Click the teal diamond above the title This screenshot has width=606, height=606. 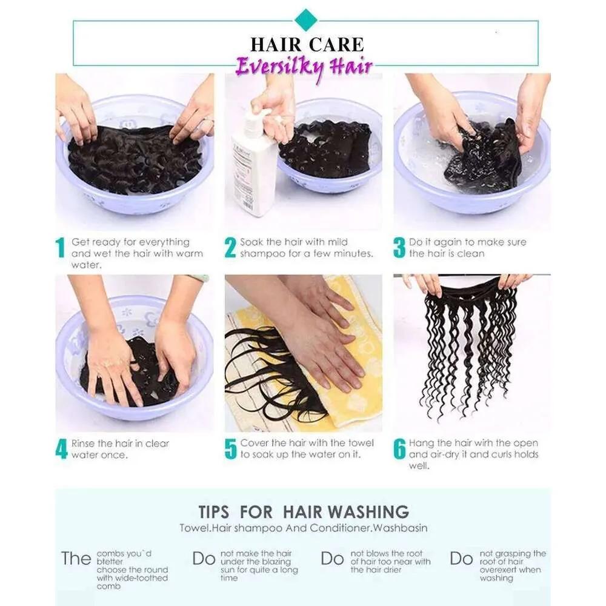(306, 20)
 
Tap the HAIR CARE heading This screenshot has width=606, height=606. (307, 44)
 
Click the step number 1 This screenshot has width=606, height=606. (60, 247)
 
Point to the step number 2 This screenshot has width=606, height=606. (230, 247)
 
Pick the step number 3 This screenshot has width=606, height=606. (399, 247)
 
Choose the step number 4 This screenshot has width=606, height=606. (61, 448)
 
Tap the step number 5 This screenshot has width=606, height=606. (230, 448)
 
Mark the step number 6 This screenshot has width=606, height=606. (399, 448)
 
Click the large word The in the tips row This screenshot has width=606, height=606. (76, 559)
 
